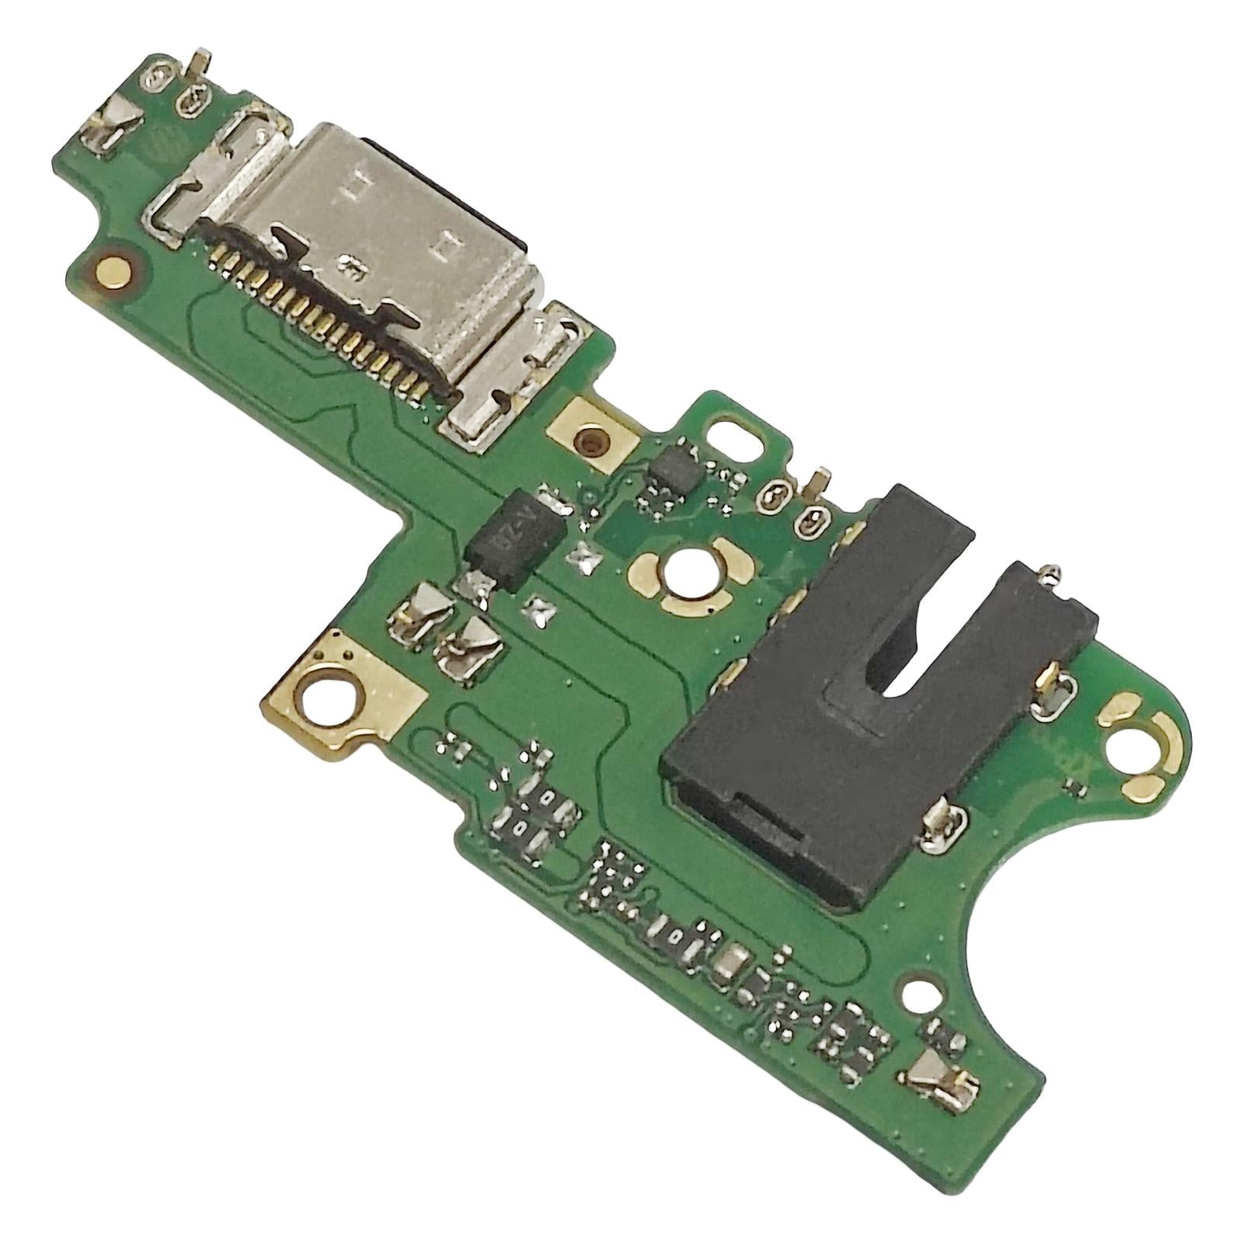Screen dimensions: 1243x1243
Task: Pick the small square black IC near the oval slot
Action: (x=673, y=466)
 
